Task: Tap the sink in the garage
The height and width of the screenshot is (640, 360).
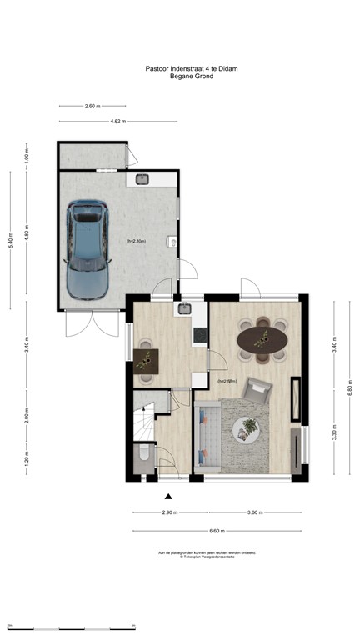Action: click(x=142, y=178)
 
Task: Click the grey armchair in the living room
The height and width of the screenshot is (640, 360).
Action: click(x=259, y=389)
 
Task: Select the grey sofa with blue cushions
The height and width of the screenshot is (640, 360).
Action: click(x=205, y=437)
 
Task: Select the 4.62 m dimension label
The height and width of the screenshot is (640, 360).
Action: click(x=117, y=122)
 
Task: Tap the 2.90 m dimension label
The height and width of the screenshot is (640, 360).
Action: click(x=170, y=512)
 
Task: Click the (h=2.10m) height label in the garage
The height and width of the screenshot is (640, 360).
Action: click(x=137, y=241)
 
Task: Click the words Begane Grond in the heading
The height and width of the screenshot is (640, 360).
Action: click(x=192, y=77)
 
